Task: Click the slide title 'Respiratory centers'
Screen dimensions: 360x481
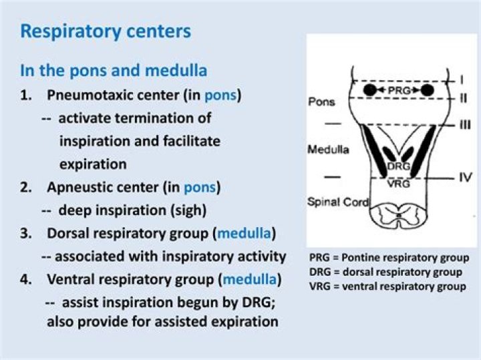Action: pos(106,31)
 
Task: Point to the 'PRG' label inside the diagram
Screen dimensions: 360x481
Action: pos(397,89)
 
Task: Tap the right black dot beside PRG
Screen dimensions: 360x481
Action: pos(427,89)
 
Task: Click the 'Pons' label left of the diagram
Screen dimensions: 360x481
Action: pos(322,102)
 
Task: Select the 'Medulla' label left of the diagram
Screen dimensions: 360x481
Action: pos(328,150)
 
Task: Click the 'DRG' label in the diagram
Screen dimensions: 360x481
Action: pos(398,165)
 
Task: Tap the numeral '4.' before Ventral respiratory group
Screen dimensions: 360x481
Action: pos(27,278)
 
